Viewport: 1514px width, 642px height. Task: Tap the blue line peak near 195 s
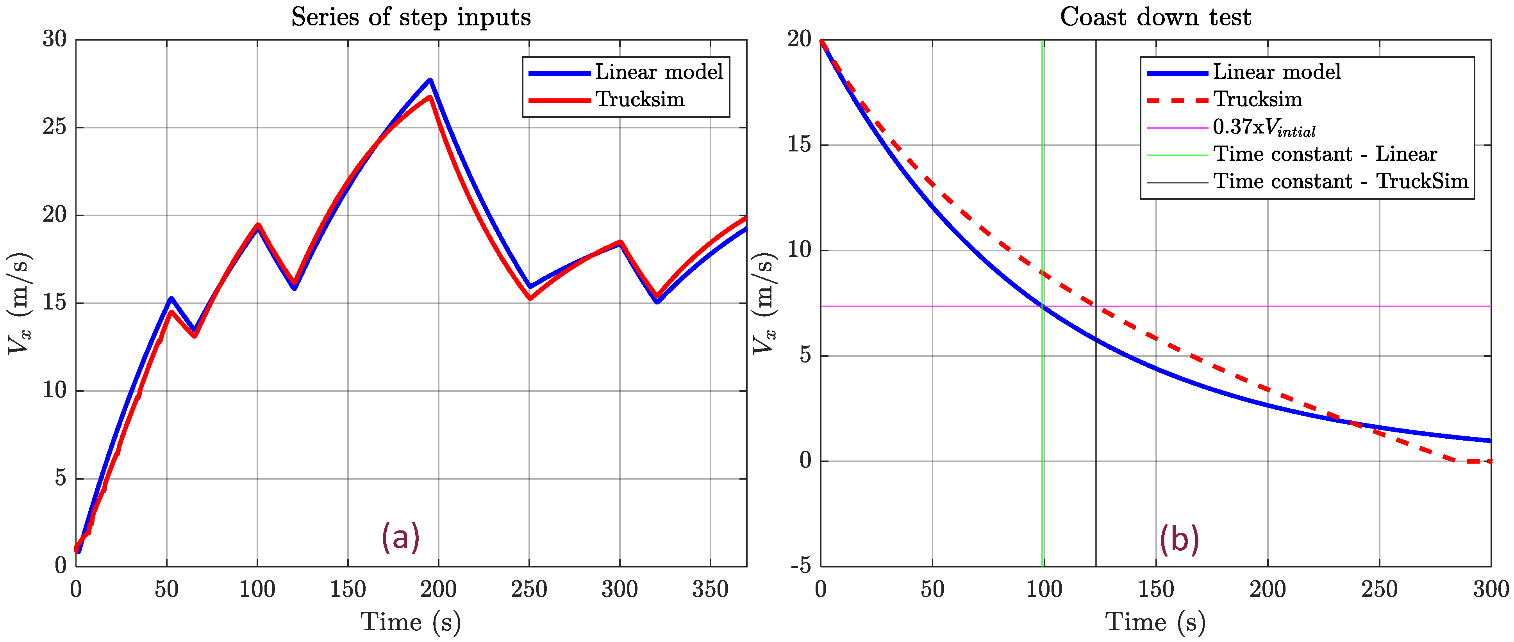pyautogui.click(x=430, y=80)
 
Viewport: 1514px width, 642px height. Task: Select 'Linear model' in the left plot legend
pyautogui.click(x=658, y=72)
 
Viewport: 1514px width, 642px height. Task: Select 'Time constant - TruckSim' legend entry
pyautogui.click(x=1340, y=181)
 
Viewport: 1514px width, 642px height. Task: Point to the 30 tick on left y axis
pyautogui.click(x=55, y=39)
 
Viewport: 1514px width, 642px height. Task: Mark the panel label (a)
pyautogui.click(x=400, y=537)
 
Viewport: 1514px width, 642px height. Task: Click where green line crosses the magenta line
pyautogui.click(x=1043, y=306)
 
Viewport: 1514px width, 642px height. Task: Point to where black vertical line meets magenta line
pyautogui.click(x=1096, y=306)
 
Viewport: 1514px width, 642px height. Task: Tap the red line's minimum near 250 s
pyautogui.click(x=530, y=299)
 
